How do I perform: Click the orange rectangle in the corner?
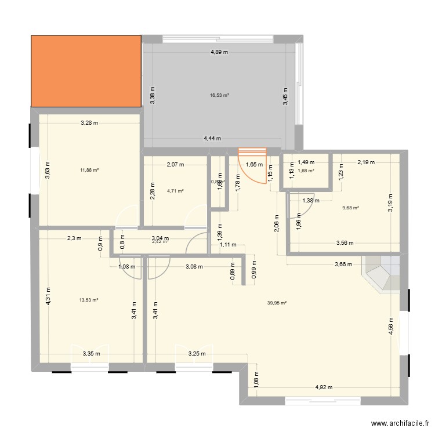click(86, 71)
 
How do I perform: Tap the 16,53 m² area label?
click(219, 95)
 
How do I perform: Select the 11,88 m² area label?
click(89, 170)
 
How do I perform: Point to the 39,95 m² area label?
click(277, 302)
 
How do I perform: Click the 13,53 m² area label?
click(88, 300)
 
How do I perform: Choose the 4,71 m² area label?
click(175, 190)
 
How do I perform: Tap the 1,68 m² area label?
click(306, 171)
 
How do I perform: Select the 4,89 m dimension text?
click(219, 52)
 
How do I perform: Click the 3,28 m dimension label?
click(89, 122)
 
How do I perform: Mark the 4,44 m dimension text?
click(213, 139)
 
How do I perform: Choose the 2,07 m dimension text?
click(175, 164)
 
